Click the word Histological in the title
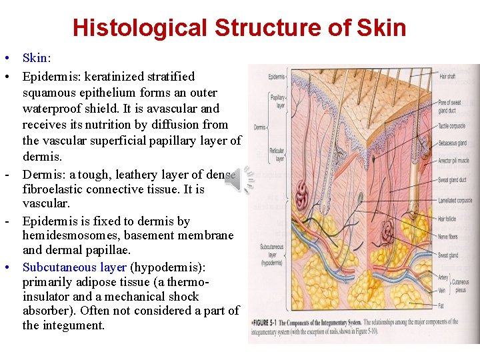(x=141, y=28)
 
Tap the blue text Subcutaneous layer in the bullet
(x=75, y=267)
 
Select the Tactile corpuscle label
(x=453, y=126)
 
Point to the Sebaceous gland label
(x=453, y=143)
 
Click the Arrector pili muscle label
(x=455, y=161)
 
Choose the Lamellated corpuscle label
(x=456, y=200)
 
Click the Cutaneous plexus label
(x=460, y=286)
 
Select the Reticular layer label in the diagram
(x=276, y=155)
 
